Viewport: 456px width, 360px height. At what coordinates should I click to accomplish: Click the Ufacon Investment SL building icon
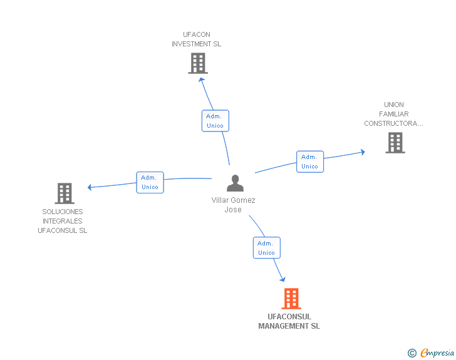(197, 63)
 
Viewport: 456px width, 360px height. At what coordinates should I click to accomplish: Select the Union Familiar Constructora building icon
(395, 143)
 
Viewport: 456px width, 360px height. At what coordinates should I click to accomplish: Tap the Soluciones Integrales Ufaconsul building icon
(65, 193)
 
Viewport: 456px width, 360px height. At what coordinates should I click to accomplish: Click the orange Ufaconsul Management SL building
(291, 299)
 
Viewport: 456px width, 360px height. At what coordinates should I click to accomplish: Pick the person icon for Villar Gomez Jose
(235, 183)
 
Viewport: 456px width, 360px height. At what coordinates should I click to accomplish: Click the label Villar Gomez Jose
(233, 205)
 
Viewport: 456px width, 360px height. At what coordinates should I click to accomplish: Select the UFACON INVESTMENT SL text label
(197, 39)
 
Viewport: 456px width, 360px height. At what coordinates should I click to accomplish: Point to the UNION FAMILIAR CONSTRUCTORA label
(394, 114)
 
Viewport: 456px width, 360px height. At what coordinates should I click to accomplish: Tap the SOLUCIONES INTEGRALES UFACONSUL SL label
(63, 221)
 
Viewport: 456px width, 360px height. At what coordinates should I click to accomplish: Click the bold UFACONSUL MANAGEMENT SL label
(289, 321)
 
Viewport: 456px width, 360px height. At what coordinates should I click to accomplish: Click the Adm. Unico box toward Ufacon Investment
(215, 121)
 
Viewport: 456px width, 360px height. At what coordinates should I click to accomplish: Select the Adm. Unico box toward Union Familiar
(309, 162)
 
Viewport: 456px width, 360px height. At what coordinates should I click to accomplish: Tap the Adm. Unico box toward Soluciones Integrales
(150, 182)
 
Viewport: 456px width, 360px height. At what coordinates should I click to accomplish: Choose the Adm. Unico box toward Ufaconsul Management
(266, 248)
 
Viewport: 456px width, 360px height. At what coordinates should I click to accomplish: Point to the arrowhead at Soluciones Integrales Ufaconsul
(90, 187)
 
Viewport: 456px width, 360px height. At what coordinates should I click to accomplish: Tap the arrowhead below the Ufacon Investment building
(201, 79)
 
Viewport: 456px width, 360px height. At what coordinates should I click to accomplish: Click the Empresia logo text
(437, 353)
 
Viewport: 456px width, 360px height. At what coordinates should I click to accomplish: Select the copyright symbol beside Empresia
(412, 354)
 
